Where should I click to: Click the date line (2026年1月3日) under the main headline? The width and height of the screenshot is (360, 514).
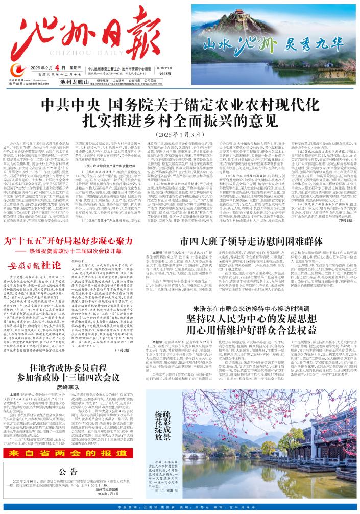coord(180,134)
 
